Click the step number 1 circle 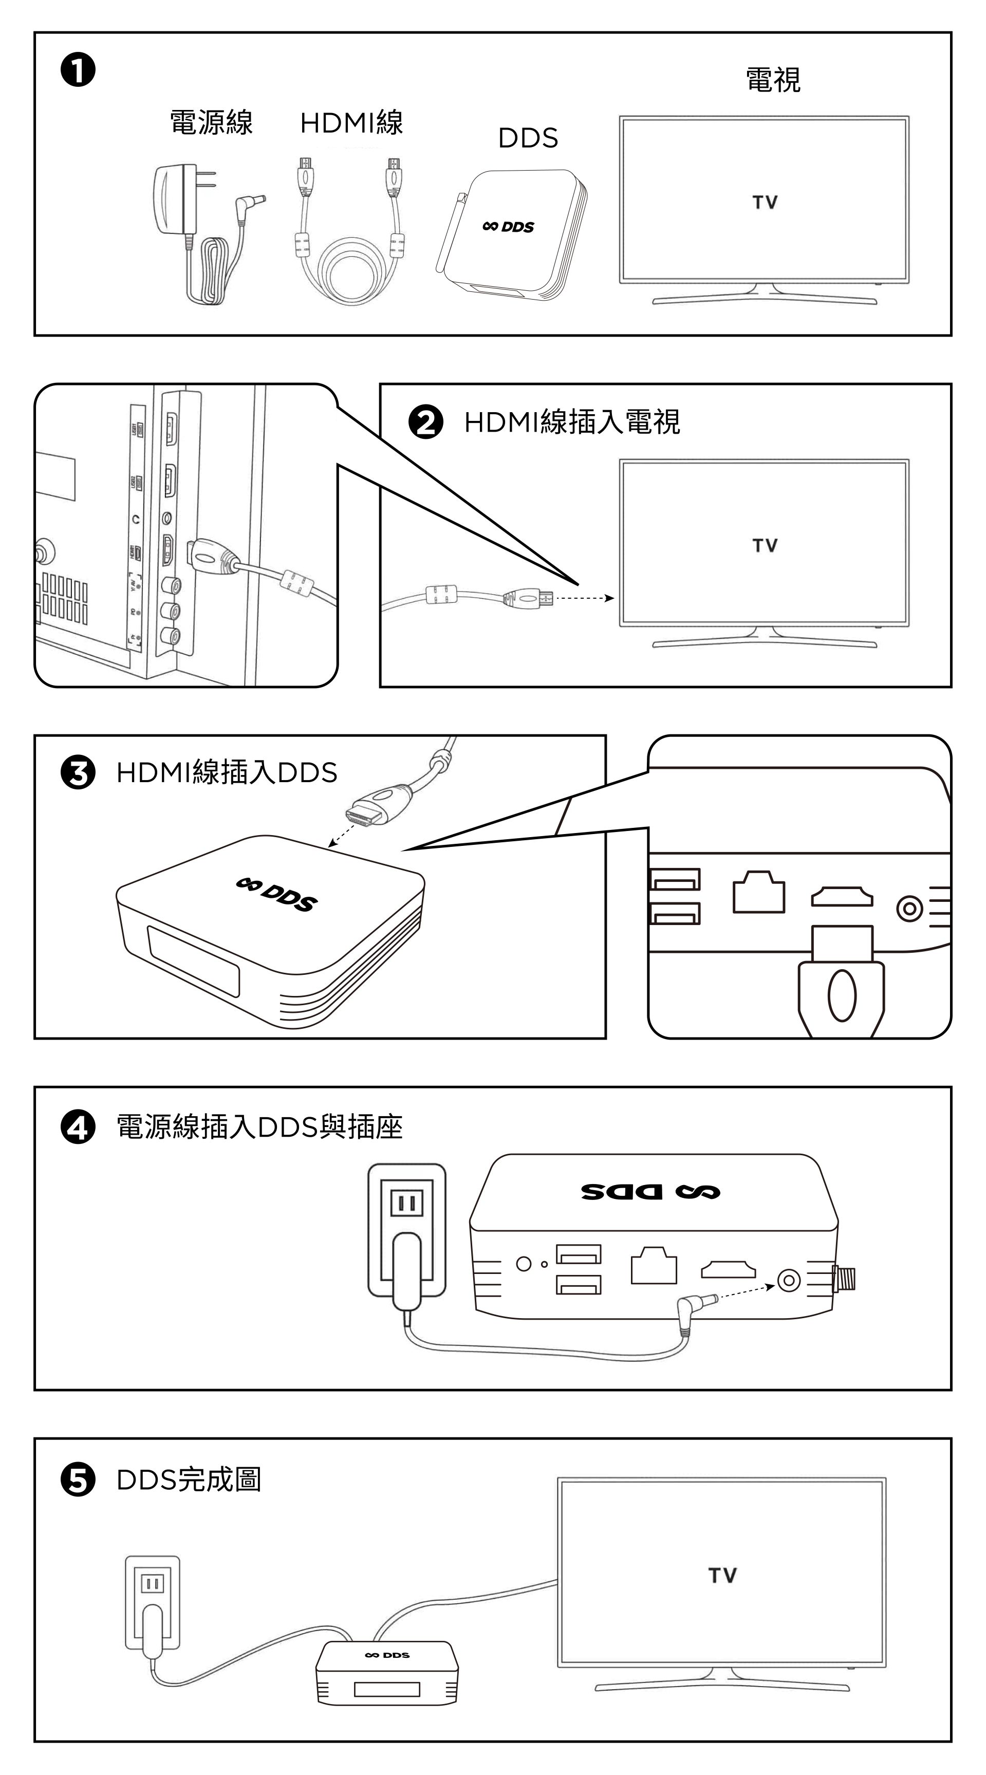(x=78, y=71)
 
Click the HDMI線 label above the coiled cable (x=351, y=123)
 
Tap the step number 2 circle (x=426, y=422)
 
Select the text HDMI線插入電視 (x=572, y=422)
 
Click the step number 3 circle (x=78, y=772)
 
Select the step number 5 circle (x=78, y=1480)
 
